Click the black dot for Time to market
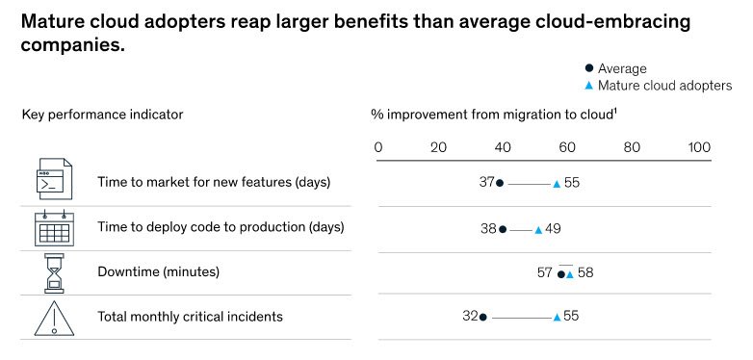(x=500, y=183)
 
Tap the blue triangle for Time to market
(x=557, y=183)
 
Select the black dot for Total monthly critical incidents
(x=483, y=317)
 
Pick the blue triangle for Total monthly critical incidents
(x=557, y=317)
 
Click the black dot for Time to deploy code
(x=503, y=229)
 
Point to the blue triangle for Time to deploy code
(x=538, y=230)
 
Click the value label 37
(x=486, y=182)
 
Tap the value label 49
(x=553, y=229)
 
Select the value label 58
(x=585, y=273)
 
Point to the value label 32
(x=470, y=317)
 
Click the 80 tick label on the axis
(x=632, y=147)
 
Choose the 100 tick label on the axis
(x=699, y=147)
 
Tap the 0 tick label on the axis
(x=378, y=147)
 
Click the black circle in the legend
(x=589, y=68)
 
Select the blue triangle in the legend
(x=589, y=86)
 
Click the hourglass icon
(x=54, y=272)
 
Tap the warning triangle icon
(x=54, y=318)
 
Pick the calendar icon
(x=54, y=228)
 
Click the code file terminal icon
(x=54, y=179)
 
